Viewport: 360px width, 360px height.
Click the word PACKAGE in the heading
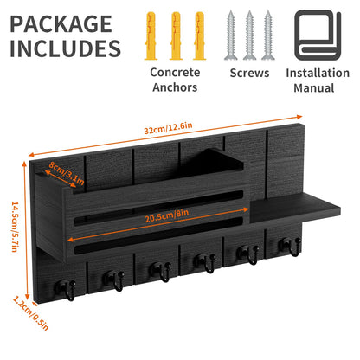coord(61,24)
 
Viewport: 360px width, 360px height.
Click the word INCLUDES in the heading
coord(65,48)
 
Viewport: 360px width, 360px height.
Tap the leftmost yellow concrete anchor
coord(151,35)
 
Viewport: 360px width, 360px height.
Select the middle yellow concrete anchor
coord(176,35)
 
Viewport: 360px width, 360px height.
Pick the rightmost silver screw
coord(268,35)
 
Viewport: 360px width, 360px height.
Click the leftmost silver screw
coord(231,35)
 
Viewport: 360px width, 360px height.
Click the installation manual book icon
coord(318,35)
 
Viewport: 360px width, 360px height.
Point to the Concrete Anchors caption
coord(175,80)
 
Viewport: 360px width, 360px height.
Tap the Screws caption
coord(249,73)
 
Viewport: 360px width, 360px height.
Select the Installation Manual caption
coord(318,80)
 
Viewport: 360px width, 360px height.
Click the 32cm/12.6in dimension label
coord(168,128)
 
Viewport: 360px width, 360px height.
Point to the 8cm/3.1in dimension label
coord(66,173)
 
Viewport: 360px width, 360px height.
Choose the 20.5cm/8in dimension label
coord(167,215)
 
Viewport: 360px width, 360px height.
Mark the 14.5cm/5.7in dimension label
coord(16,227)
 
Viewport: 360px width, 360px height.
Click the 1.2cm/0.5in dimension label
coord(30,313)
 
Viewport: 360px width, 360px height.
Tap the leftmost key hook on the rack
coord(66,289)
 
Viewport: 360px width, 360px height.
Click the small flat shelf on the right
coord(294,209)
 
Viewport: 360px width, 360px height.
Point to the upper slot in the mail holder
coord(158,207)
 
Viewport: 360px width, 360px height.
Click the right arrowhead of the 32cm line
coord(299,117)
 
